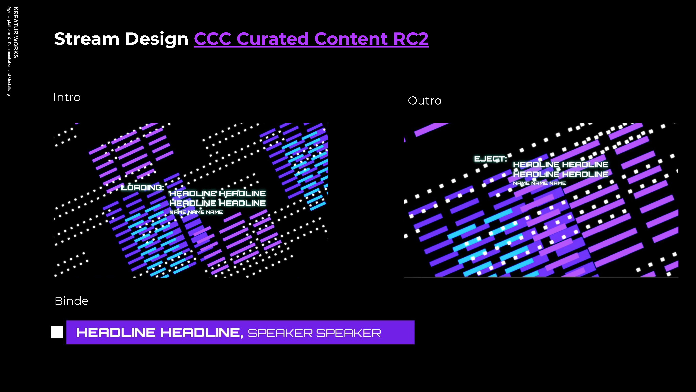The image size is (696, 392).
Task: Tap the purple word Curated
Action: coord(273,39)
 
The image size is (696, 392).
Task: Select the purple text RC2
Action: coord(411,39)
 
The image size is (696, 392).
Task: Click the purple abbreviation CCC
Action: coord(212,39)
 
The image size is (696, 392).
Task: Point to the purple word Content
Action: coord(351,39)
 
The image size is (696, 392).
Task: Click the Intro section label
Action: coord(67,97)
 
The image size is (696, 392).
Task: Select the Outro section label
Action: coord(425,101)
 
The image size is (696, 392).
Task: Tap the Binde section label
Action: coord(72,301)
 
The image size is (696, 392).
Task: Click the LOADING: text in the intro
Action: coord(142,187)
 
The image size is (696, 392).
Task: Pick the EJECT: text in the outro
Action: coord(490,159)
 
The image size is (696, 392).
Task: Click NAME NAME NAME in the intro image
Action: coord(196,212)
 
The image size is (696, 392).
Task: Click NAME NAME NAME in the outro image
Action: coord(539,183)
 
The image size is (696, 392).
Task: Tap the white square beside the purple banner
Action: coord(57,332)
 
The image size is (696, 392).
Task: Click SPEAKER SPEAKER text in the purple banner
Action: coord(314,333)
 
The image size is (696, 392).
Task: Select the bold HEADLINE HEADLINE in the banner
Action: coord(160,333)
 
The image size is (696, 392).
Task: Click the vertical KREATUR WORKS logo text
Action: coord(16,32)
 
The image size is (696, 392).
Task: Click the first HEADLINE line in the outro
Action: coord(561,165)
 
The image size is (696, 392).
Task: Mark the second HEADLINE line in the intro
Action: coord(217,203)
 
